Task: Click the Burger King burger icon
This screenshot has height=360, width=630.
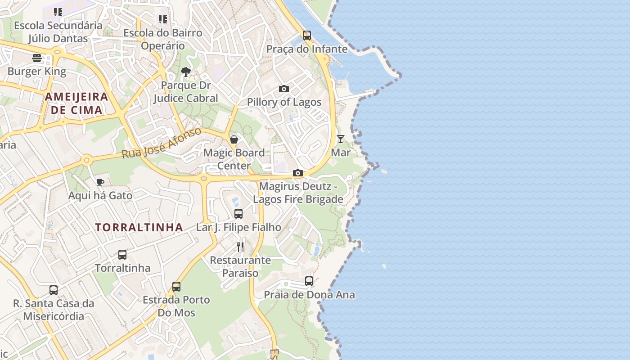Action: pyautogui.click(x=37, y=58)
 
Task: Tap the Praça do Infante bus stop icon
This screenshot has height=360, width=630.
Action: pyautogui.click(x=307, y=36)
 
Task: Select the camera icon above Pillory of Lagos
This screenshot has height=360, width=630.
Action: pyautogui.click(x=283, y=89)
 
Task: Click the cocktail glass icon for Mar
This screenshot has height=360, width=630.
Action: pyautogui.click(x=341, y=139)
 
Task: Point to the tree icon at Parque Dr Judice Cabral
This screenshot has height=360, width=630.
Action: pyautogui.click(x=185, y=72)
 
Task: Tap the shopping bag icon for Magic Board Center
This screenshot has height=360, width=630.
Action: pyautogui.click(x=234, y=139)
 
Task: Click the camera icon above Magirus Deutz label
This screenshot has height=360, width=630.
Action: pyautogui.click(x=297, y=173)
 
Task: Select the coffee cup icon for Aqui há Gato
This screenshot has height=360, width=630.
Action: pyautogui.click(x=100, y=182)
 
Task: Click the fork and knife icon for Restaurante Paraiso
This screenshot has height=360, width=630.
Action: pyautogui.click(x=240, y=247)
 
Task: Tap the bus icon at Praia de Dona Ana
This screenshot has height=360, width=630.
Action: pyautogui.click(x=309, y=281)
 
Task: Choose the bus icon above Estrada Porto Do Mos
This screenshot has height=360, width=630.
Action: pyautogui.click(x=176, y=287)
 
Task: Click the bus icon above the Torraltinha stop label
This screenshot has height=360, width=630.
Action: pyautogui.click(x=122, y=255)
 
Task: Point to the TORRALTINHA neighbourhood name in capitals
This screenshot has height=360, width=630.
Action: pyautogui.click(x=139, y=227)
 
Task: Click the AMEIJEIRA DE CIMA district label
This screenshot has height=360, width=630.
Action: pyautogui.click(x=76, y=103)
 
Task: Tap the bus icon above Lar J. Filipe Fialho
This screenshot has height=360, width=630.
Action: pyautogui.click(x=238, y=214)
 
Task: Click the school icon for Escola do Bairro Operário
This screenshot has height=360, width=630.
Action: pyautogui.click(x=163, y=19)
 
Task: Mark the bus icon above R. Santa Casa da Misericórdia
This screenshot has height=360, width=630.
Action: pyautogui.click(x=54, y=290)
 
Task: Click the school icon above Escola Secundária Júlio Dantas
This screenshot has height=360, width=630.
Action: pyautogui.click(x=58, y=12)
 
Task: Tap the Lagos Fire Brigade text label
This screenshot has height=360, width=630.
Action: pyautogui.click(x=298, y=199)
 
